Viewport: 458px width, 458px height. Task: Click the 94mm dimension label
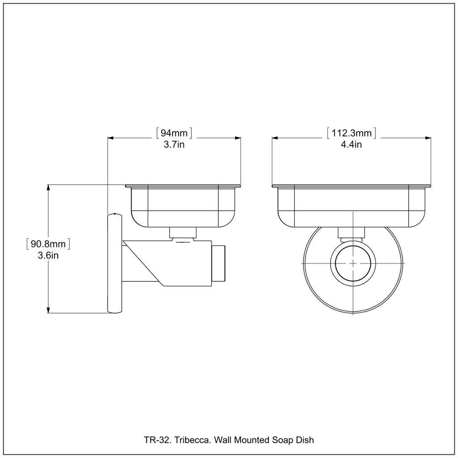tap(174, 133)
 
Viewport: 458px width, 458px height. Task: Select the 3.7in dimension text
tap(174, 144)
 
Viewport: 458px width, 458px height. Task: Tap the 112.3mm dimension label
tap(351, 133)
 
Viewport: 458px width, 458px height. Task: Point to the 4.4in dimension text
tap(351, 144)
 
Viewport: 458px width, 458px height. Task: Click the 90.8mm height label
tap(48, 244)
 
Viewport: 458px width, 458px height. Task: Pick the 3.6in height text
tap(48, 256)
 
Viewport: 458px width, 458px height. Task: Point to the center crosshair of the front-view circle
tap(353, 263)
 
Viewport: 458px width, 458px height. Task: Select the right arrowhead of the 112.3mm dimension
tap(428, 138)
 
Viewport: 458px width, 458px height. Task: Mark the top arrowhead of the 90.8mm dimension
tap(49, 187)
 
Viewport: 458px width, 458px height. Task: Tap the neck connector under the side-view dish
tap(183, 233)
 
